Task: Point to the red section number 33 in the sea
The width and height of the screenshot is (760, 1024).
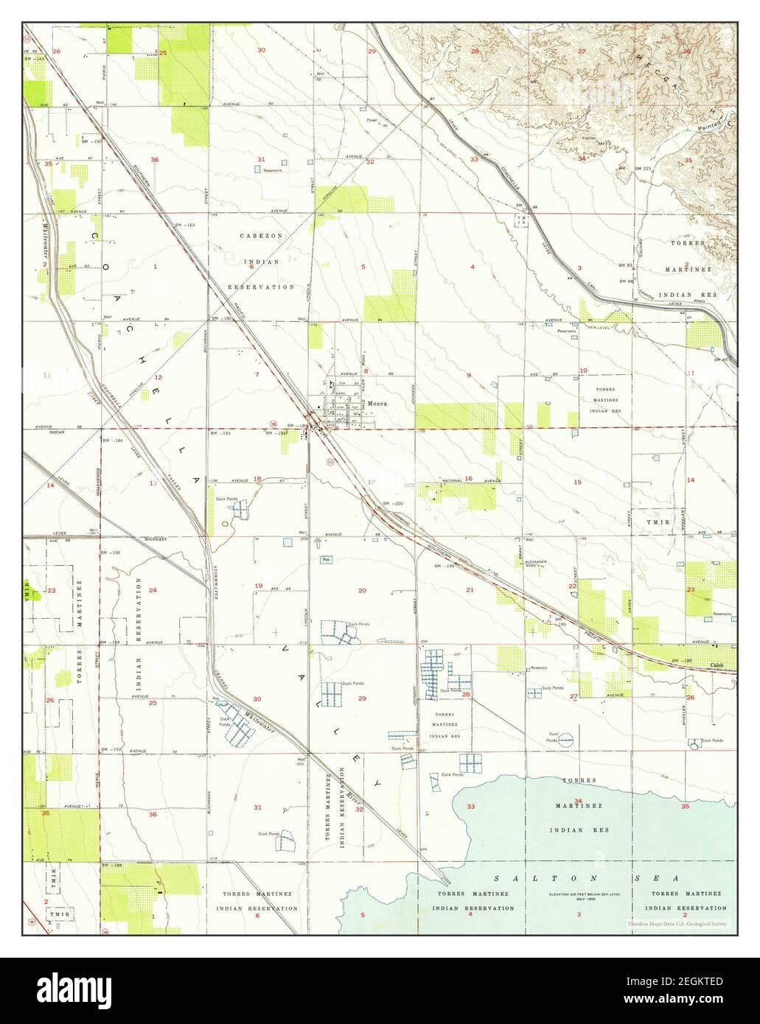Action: tap(471, 806)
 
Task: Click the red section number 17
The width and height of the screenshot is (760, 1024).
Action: tap(372, 483)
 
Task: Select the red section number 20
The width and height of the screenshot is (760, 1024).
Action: tap(362, 591)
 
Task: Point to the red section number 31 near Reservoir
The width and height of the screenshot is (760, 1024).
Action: tap(261, 160)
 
